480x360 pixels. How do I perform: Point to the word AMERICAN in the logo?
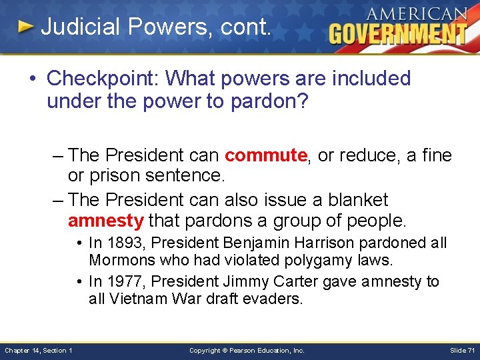pos(416,13)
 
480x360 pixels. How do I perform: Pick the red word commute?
pos(266,155)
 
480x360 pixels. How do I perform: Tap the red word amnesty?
pos(105,220)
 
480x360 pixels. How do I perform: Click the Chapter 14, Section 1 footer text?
pos(39,351)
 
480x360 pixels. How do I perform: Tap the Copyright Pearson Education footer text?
pos(247,351)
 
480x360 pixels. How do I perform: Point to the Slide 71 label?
pos(462,351)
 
